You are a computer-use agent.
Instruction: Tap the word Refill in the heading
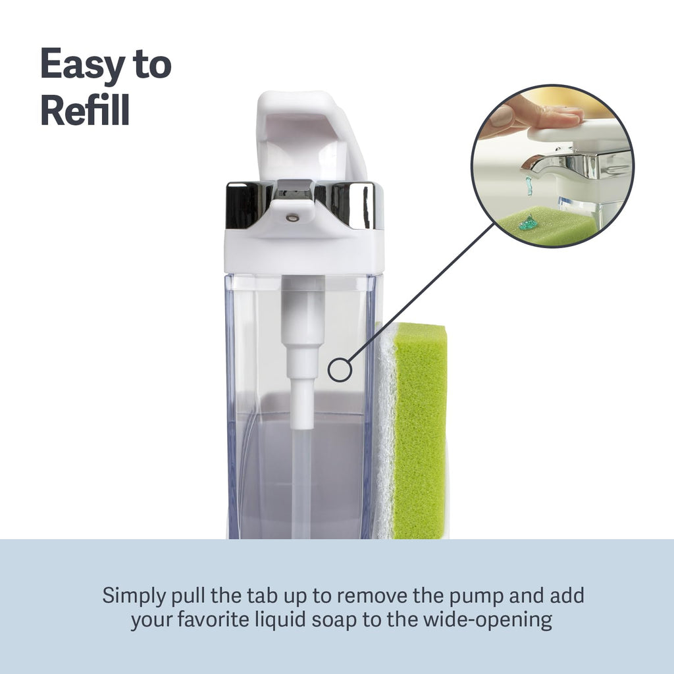(85, 110)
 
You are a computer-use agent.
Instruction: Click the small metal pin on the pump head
(292, 218)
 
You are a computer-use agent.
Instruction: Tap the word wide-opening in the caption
(488, 620)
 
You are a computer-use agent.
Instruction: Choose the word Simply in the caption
(134, 596)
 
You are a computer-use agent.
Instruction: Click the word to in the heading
(152, 65)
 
